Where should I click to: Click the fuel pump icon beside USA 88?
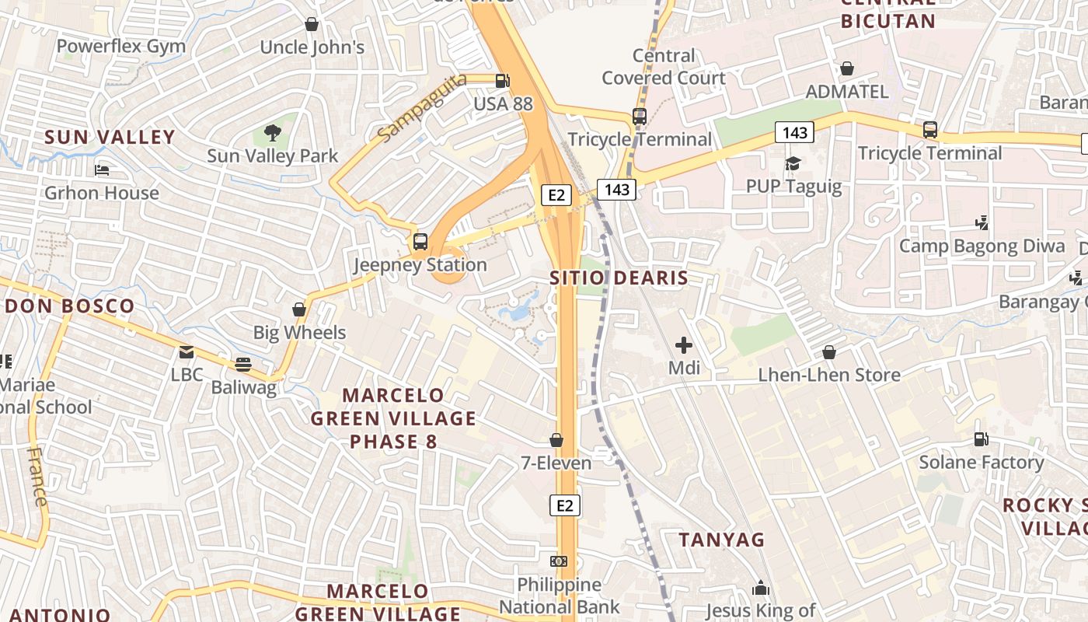click(503, 80)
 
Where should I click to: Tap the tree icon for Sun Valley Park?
click(272, 133)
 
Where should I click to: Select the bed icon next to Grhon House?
click(102, 169)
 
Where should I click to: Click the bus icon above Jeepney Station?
click(420, 241)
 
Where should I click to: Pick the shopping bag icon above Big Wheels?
click(299, 309)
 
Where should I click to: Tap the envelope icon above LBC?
click(187, 352)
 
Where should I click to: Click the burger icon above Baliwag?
click(243, 364)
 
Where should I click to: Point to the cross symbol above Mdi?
click(684, 344)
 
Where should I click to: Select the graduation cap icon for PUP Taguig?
click(793, 163)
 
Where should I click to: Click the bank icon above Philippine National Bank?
click(558, 561)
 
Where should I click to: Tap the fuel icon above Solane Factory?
click(982, 439)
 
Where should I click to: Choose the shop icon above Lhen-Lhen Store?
click(829, 352)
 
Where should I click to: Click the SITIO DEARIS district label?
click(619, 278)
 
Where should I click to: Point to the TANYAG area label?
click(722, 539)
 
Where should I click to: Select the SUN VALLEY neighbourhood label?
click(110, 137)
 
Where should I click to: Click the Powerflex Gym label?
click(121, 46)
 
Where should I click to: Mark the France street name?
click(37, 476)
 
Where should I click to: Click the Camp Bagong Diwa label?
click(982, 246)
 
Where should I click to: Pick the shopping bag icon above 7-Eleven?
click(556, 440)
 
